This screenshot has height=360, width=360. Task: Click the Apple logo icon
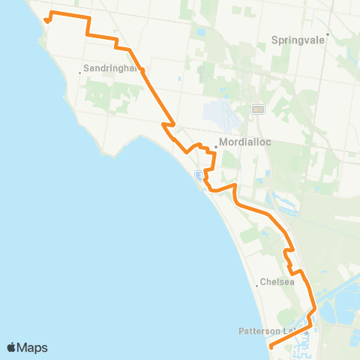pyautogui.click(x=12, y=347)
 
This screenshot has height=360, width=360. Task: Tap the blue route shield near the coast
pyautogui.click(x=199, y=175)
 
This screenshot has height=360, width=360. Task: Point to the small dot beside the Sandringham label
pyautogui.click(x=80, y=72)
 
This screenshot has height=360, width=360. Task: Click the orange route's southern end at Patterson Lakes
pyautogui.click(x=270, y=346)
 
